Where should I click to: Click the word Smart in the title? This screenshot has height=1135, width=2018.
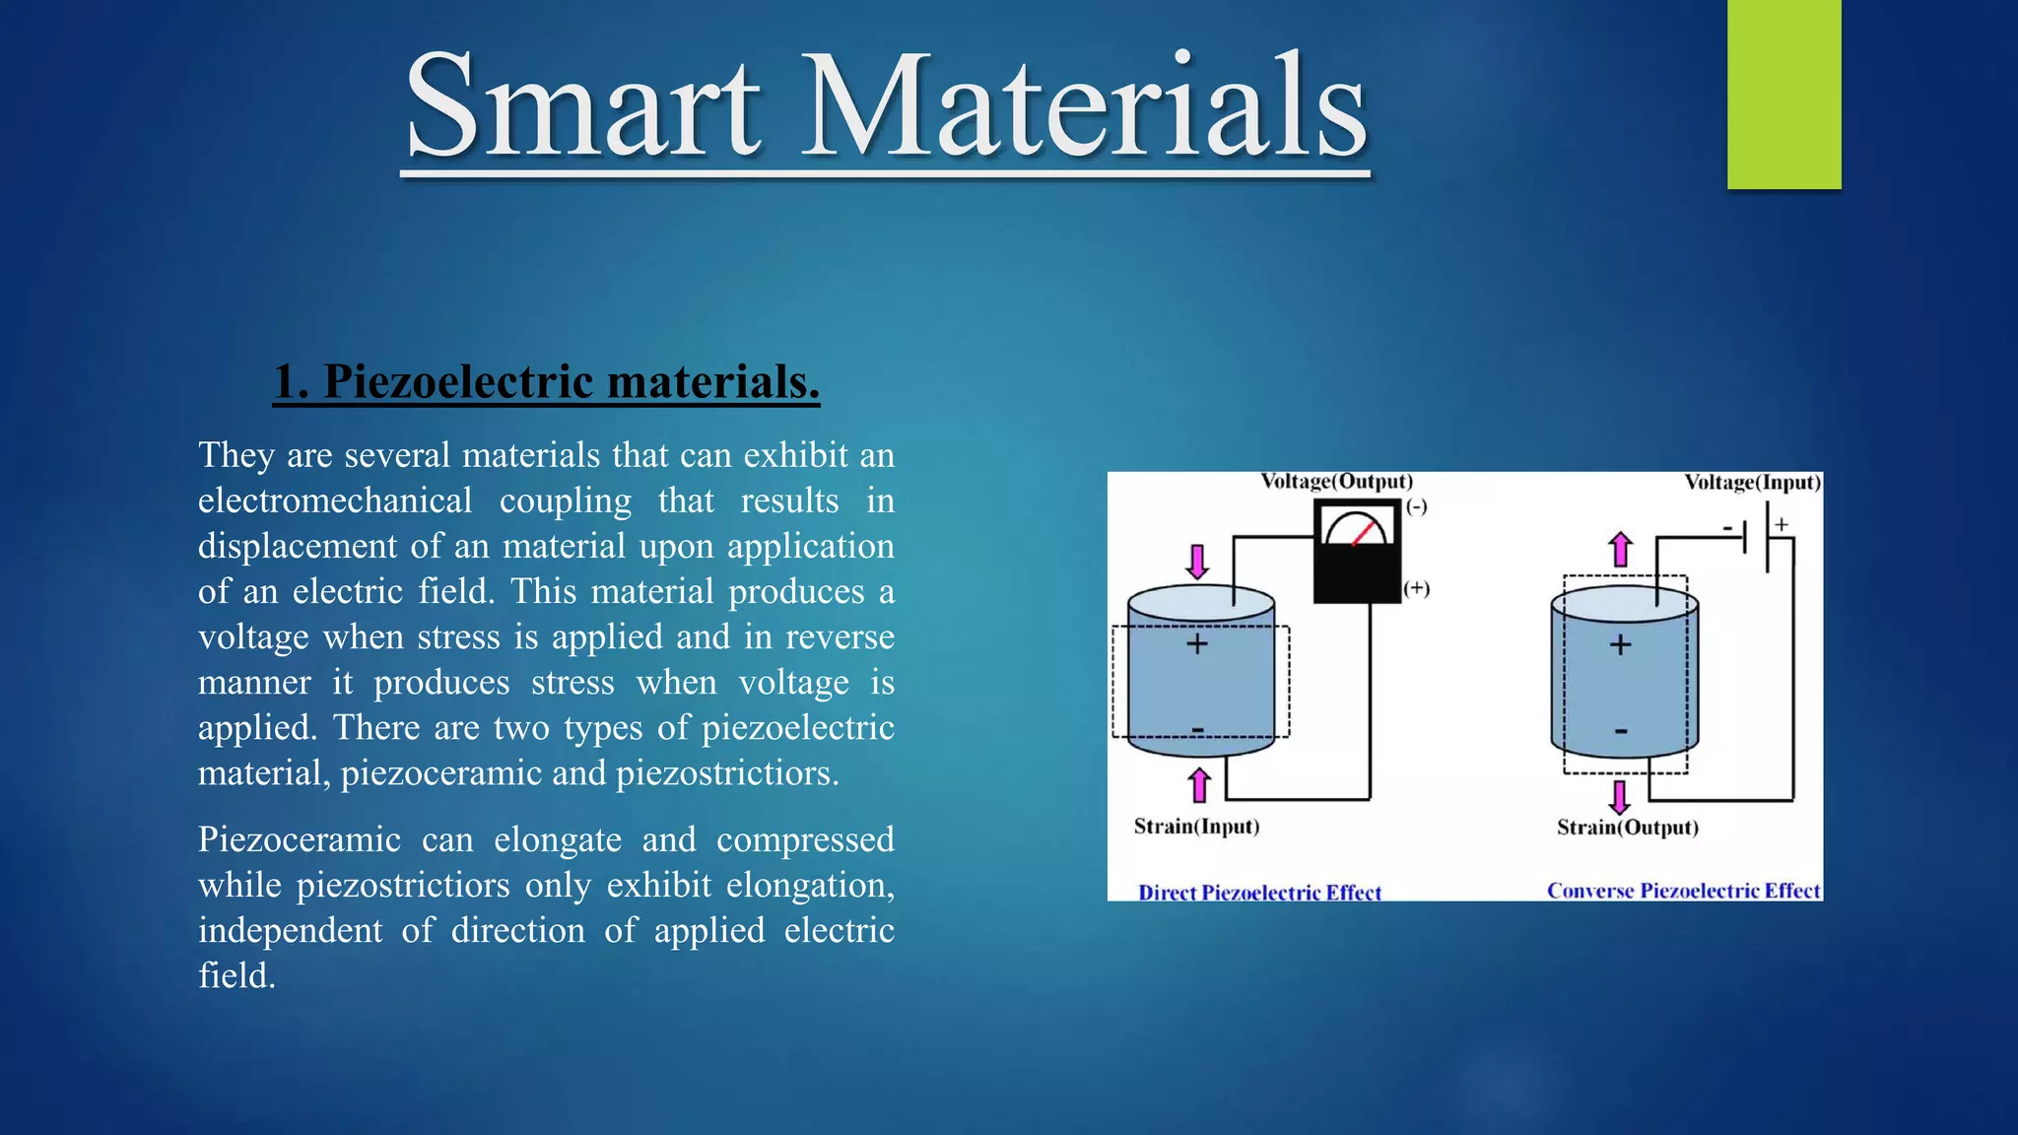click(581, 106)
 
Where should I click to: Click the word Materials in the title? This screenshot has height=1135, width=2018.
click(1084, 106)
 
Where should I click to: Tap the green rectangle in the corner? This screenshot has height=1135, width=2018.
click(1783, 94)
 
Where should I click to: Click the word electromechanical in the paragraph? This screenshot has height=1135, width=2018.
click(335, 501)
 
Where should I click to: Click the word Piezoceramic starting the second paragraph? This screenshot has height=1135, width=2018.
click(299, 839)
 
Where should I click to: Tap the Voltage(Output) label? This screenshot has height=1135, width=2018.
click(1337, 482)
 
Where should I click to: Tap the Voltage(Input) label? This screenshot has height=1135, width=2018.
click(1752, 483)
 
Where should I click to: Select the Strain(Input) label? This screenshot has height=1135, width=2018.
click(1196, 827)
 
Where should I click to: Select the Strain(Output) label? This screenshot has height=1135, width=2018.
click(1628, 828)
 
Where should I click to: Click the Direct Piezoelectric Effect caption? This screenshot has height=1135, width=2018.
click(1259, 893)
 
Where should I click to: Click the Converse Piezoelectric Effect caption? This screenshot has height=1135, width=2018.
click(1683, 891)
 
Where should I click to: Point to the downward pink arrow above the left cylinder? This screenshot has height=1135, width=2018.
click(1197, 562)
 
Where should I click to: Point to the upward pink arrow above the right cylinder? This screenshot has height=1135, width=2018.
click(1621, 550)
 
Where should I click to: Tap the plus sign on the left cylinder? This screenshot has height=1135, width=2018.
click(1196, 644)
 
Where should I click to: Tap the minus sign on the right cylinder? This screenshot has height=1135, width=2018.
click(1621, 731)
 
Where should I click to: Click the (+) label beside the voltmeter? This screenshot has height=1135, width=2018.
click(1416, 588)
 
